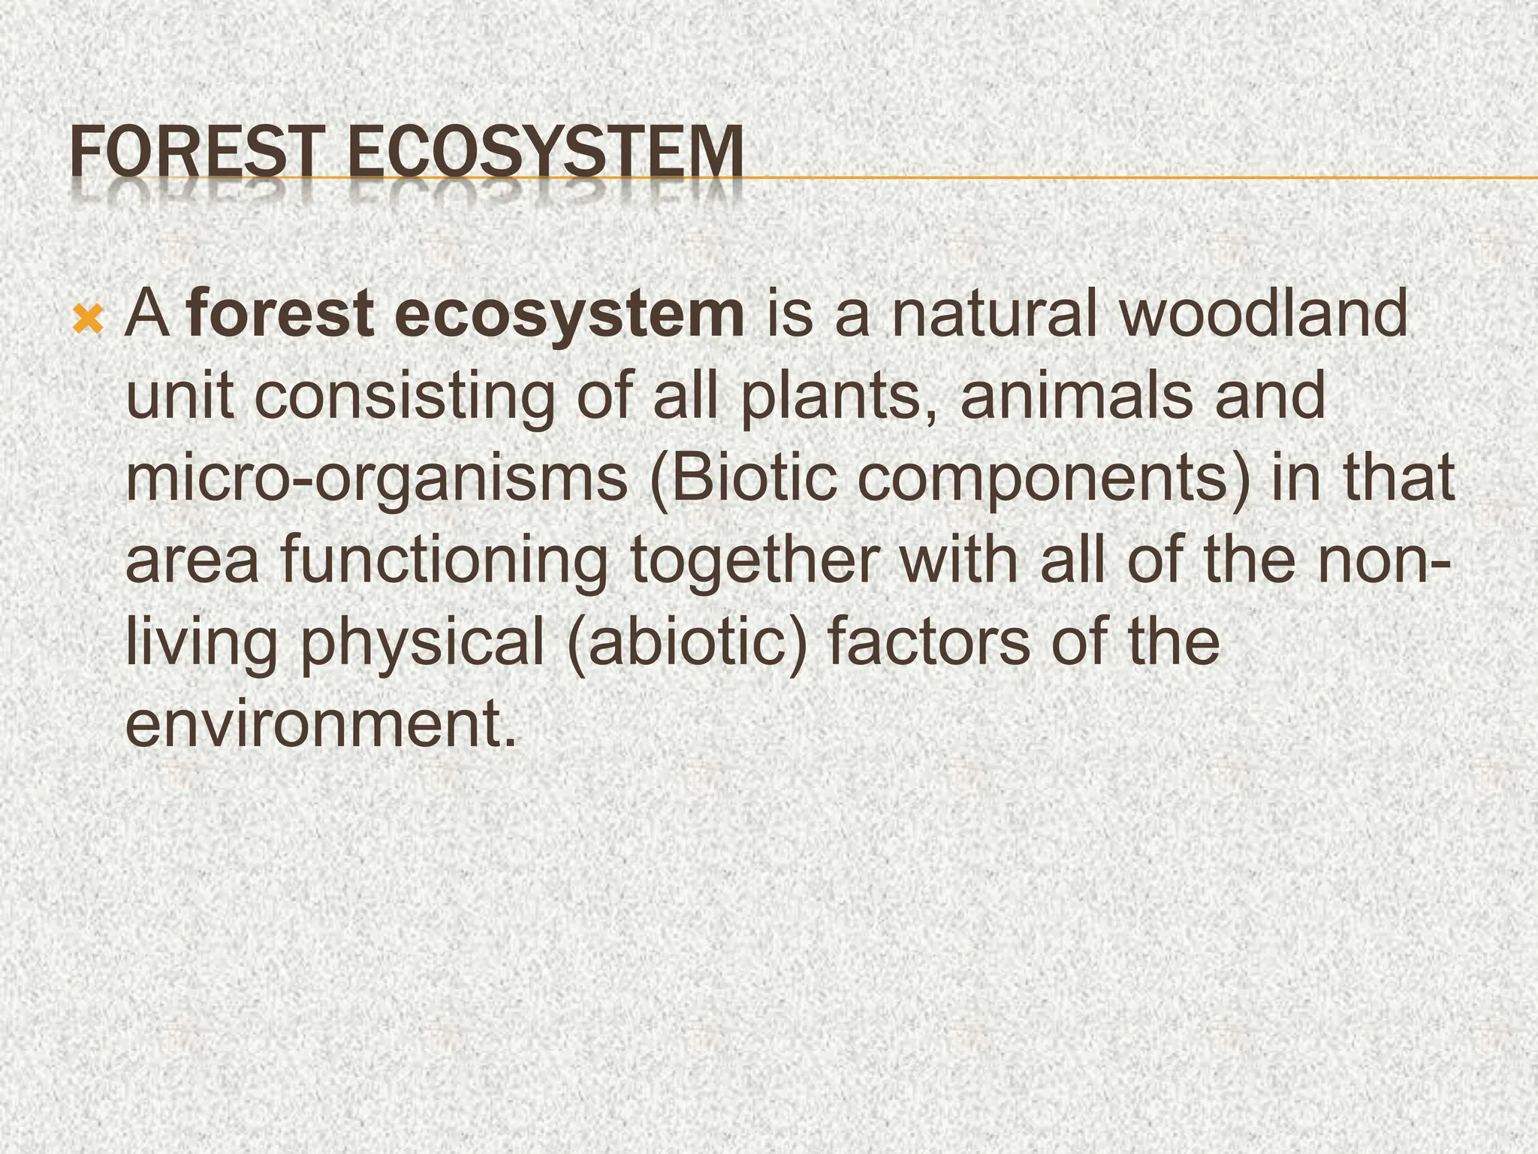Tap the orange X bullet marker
89,321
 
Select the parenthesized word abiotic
689,645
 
